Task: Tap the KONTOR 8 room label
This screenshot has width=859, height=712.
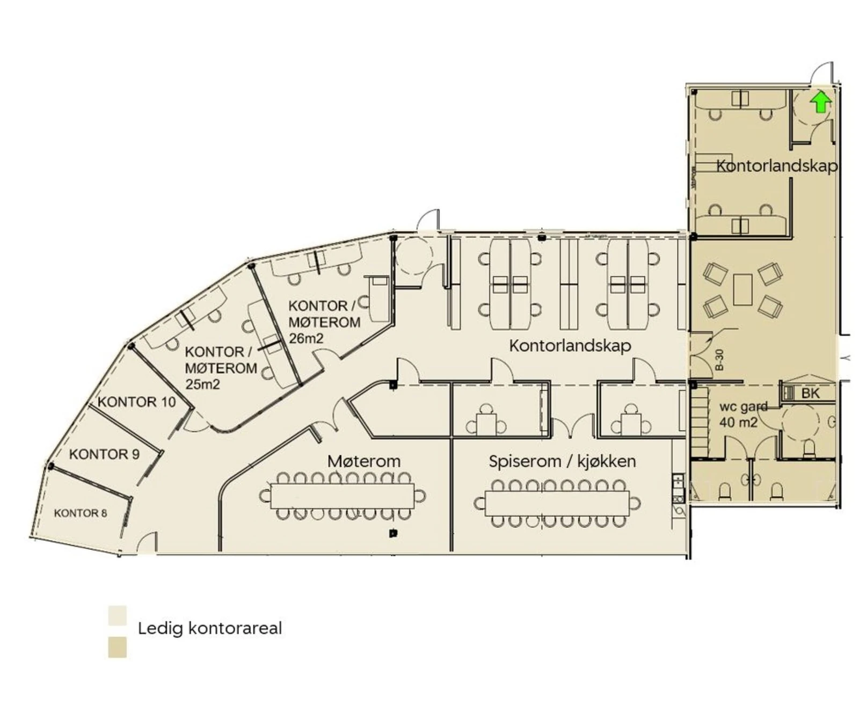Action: coord(81,513)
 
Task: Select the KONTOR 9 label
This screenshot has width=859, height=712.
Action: coord(104,454)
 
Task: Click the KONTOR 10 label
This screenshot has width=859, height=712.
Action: coord(136,402)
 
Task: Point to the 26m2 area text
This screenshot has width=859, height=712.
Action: coord(306,339)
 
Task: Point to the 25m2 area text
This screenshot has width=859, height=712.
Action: coord(202,384)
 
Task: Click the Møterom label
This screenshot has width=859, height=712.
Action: coord(363,461)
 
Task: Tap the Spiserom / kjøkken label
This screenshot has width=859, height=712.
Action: coord(562,461)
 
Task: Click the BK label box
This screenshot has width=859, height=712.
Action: coord(810,393)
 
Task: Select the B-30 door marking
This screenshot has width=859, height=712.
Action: coord(719,360)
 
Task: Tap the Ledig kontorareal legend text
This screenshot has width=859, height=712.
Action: coord(209,628)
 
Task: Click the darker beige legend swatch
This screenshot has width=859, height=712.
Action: coord(117,647)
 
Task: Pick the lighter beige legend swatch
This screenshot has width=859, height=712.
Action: coord(117,615)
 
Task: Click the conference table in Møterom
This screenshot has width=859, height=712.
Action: coord(342,496)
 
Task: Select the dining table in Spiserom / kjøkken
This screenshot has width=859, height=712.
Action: coord(557,503)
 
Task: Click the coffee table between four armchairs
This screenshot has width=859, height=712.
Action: coord(742,290)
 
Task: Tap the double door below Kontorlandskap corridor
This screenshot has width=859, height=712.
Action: coord(573,427)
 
